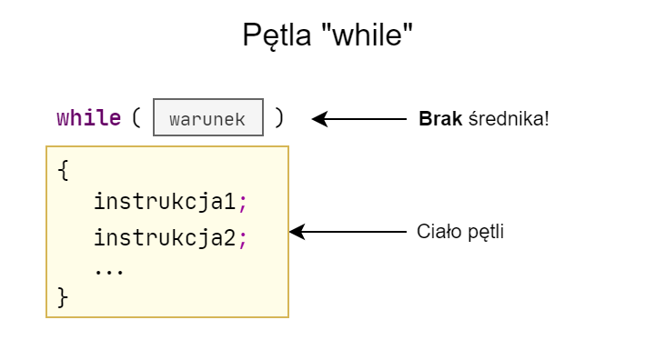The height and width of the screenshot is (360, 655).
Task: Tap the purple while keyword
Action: coord(88,118)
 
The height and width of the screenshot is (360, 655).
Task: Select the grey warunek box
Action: coord(208,118)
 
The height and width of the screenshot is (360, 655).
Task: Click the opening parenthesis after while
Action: coord(136,118)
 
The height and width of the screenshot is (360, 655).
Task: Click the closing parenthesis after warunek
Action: coord(279,118)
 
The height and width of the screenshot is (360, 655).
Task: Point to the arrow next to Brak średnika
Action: coord(359,118)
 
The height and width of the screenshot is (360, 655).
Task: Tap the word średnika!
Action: coord(509,118)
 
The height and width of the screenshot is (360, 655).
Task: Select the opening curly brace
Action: coord(63,170)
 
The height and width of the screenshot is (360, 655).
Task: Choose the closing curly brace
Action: coord(63,296)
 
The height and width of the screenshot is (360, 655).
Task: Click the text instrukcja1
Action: coord(165,201)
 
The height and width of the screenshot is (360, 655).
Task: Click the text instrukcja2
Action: coord(165,238)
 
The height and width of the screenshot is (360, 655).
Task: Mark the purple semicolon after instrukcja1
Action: coord(243,202)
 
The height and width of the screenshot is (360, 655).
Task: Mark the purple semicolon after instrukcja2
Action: coord(243,239)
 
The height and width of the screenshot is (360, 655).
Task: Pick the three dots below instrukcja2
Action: coord(109,270)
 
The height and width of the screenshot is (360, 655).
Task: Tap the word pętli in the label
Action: coord(484,233)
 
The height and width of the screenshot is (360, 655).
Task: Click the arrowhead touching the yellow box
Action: coord(296,232)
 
